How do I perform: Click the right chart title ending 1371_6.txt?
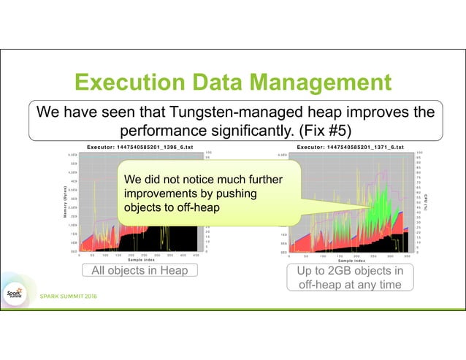pyautogui.click(x=351, y=148)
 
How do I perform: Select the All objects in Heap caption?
pyautogui.click(x=139, y=271)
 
